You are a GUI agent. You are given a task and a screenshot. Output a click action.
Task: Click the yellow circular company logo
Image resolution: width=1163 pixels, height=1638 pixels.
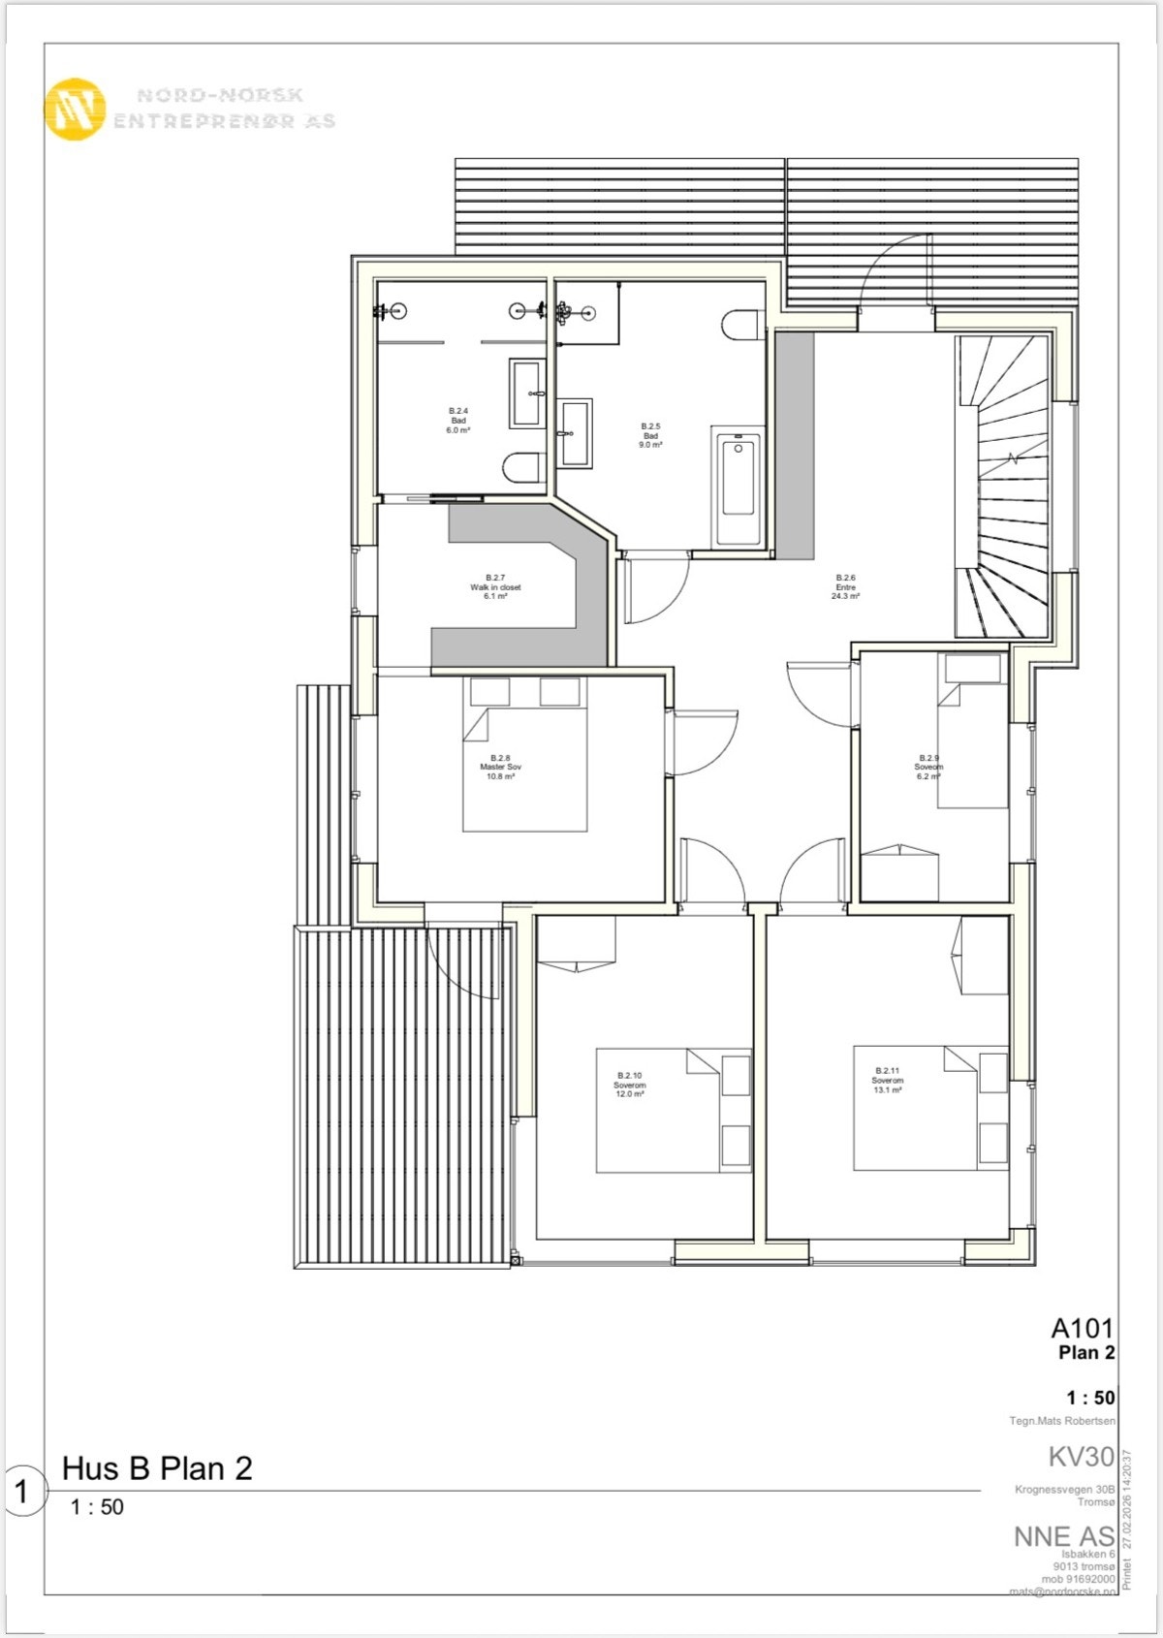[x=75, y=110]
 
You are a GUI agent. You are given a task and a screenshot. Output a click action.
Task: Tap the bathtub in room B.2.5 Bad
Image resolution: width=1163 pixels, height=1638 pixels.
[x=738, y=486]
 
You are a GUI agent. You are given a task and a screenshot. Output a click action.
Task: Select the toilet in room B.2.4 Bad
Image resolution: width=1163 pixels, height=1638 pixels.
[x=522, y=468]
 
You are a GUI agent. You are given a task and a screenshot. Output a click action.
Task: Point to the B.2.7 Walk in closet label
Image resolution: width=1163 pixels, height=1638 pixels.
[x=495, y=586]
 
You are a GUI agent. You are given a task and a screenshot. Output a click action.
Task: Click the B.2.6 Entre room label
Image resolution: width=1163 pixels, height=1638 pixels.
[x=845, y=586]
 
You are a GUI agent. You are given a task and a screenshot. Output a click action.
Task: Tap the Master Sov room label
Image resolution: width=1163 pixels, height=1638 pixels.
[x=500, y=767]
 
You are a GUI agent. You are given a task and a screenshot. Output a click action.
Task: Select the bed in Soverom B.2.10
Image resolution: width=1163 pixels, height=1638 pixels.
[x=659, y=1110]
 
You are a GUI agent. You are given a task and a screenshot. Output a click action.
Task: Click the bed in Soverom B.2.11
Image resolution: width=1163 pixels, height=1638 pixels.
[x=916, y=1107]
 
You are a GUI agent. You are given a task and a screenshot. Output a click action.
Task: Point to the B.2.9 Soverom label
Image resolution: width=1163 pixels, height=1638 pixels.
[x=928, y=767]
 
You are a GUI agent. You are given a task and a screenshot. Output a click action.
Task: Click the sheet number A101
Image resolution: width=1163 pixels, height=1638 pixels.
[x=1083, y=1328]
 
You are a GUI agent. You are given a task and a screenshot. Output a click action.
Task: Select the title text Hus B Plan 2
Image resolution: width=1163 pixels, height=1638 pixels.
[x=157, y=1468]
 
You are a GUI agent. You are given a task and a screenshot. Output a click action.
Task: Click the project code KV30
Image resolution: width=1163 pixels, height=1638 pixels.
[x=1081, y=1457]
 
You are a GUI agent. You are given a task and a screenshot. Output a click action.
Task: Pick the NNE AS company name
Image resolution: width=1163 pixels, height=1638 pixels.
[x=1063, y=1536]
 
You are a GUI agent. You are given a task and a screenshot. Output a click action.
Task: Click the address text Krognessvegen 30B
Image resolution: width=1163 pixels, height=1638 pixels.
[x=1065, y=1490]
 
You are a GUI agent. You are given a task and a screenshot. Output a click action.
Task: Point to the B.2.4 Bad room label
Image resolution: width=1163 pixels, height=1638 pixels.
[x=458, y=420]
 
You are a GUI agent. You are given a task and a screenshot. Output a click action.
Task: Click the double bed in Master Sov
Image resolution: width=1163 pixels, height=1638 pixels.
[x=524, y=769]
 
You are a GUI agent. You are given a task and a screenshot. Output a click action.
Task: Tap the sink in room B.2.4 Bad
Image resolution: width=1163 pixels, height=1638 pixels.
[x=527, y=393]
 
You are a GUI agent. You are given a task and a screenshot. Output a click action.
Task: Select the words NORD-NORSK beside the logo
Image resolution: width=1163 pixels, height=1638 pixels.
[x=220, y=95]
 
